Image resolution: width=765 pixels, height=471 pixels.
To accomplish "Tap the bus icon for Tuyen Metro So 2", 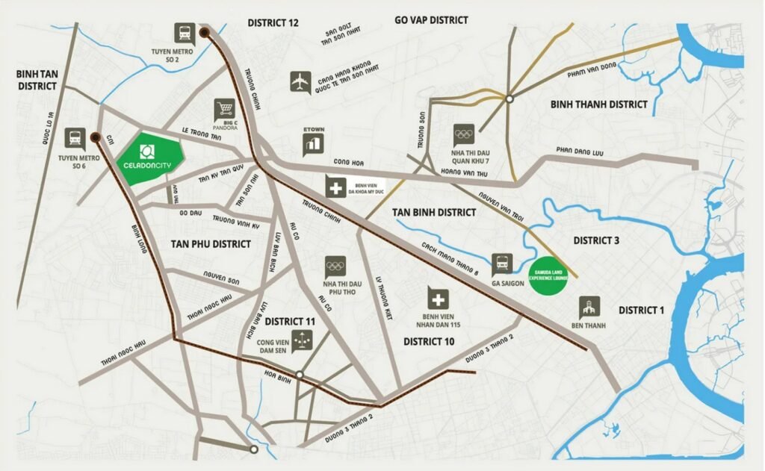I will pos(184,34).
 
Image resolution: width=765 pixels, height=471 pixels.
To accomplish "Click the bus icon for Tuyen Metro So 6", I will pos(75,137).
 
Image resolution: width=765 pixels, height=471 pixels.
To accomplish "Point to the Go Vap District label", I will pos(431,20).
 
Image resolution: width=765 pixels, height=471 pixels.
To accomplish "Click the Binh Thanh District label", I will pos(598,104).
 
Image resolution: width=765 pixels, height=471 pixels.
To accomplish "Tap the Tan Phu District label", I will pos(210,243).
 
